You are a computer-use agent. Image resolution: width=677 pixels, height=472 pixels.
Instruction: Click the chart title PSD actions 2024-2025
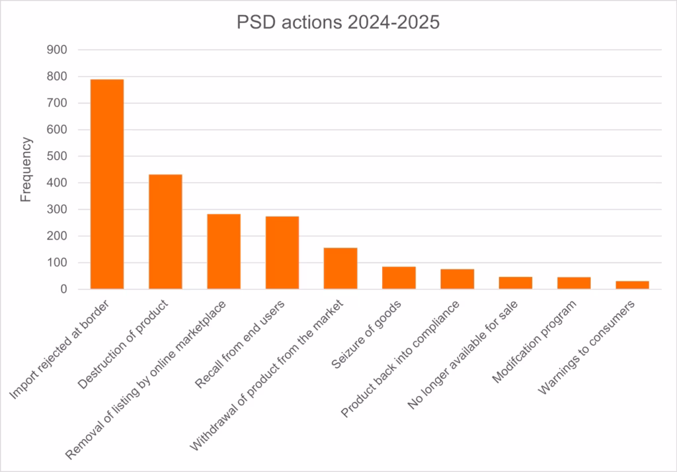(x=338, y=22)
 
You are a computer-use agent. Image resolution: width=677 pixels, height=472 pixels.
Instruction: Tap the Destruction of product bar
(x=165, y=231)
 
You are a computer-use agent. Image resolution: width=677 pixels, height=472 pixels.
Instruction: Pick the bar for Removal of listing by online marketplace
(x=223, y=251)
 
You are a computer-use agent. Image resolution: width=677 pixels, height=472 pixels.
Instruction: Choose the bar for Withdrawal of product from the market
(x=340, y=268)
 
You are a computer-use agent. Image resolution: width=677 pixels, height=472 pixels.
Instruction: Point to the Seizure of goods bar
(x=399, y=278)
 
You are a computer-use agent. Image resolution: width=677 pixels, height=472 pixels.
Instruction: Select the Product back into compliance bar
(x=457, y=279)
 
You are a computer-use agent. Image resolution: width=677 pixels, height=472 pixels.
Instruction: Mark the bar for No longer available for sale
(x=516, y=283)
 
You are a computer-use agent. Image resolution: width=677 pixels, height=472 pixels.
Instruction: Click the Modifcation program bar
(x=574, y=283)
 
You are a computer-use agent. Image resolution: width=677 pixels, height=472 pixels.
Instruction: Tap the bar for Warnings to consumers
(x=632, y=285)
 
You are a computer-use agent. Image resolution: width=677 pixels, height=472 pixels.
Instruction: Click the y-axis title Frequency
(x=26, y=169)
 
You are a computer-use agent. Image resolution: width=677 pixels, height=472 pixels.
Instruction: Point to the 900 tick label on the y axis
(x=58, y=50)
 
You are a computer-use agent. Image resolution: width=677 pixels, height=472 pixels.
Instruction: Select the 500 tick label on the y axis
(x=58, y=156)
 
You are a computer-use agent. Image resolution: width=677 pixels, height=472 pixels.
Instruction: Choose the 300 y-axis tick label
(x=58, y=210)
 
